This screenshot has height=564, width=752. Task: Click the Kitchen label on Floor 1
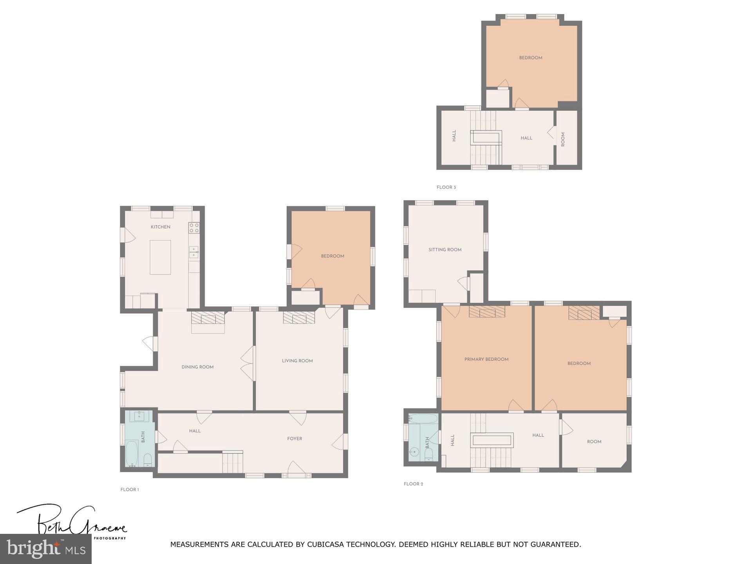click(x=161, y=227)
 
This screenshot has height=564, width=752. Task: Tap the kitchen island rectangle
click(x=160, y=257)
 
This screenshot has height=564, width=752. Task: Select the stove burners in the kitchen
click(x=194, y=228)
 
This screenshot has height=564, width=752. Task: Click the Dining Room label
click(x=197, y=367)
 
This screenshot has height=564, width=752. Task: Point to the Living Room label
click(x=297, y=361)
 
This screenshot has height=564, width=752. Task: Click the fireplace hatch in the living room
click(x=299, y=317)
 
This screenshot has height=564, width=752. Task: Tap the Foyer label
click(x=295, y=439)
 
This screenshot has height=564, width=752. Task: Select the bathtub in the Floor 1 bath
click(x=132, y=454)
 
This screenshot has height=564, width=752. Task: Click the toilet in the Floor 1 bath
click(x=148, y=459)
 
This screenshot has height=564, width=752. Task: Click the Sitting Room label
click(x=445, y=249)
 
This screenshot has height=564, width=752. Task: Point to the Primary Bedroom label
click(x=486, y=359)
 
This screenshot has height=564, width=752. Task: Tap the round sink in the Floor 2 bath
click(x=414, y=452)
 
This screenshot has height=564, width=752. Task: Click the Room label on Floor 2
click(x=594, y=441)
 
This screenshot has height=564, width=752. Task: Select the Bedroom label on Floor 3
click(x=531, y=58)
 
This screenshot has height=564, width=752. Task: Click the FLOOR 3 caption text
click(x=446, y=187)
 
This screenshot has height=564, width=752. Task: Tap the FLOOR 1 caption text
click(x=130, y=490)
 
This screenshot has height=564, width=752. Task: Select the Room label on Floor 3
click(x=563, y=139)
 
